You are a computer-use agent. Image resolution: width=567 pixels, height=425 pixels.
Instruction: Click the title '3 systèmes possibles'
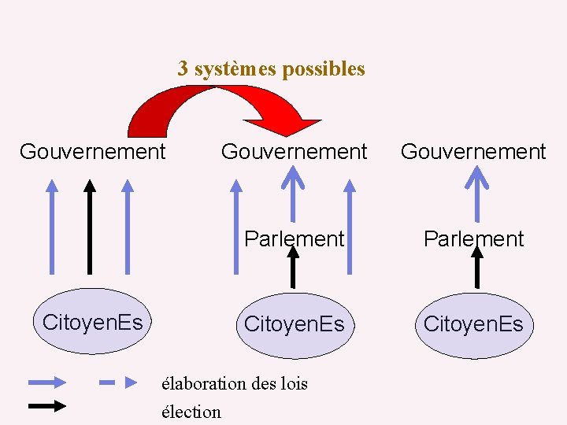pyautogui.click(x=271, y=68)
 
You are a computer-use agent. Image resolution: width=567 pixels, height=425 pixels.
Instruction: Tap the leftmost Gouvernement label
pyautogui.click(x=92, y=151)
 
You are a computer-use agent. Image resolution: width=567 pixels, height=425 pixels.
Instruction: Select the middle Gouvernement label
pyautogui.click(x=294, y=151)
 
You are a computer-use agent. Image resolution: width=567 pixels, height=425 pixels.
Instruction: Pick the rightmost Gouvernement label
pyautogui.click(x=472, y=151)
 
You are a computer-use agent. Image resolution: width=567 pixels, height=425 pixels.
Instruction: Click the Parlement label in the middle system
pyautogui.click(x=294, y=238)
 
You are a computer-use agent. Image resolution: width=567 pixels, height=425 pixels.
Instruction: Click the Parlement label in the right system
pyautogui.click(x=473, y=238)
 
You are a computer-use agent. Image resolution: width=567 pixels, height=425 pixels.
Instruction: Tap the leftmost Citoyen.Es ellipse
pyautogui.click(x=92, y=322)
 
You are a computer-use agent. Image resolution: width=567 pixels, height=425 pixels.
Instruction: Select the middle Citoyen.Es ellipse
pyautogui.click(x=294, y=324)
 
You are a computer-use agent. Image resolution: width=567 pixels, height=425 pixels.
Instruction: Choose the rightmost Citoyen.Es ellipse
pyautogui.click(x=473, y=324)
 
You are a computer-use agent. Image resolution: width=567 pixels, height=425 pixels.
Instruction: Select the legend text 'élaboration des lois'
pyautogui.click(x=234, y=384)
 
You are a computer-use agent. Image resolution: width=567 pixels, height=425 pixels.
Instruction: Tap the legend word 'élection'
pyautogui.click(x=191, y=412)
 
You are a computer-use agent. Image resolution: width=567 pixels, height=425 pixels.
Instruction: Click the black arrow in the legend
pyautogui.click(x=47, y=407)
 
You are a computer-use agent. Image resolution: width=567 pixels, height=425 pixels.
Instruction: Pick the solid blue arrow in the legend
pyautogui.click(x=47, y=383)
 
